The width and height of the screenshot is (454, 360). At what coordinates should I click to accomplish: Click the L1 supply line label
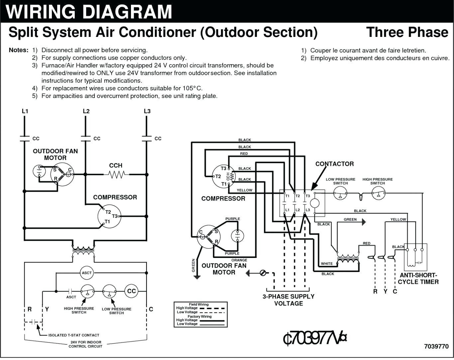25,111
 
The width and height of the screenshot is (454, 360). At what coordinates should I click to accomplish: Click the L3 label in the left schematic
147,111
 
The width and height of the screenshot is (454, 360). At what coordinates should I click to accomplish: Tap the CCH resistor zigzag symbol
116,174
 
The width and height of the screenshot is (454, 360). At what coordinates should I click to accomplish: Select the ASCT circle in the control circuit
86,273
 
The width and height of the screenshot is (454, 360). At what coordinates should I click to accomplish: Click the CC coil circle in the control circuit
131,291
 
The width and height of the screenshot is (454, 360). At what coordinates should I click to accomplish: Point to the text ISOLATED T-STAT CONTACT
74,335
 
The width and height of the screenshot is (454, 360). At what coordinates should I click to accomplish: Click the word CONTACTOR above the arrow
334,164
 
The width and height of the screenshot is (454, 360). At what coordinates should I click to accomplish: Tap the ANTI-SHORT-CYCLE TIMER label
418,279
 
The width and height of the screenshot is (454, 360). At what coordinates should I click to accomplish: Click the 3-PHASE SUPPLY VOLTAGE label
288,300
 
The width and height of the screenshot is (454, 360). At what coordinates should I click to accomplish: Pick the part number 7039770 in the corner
436,346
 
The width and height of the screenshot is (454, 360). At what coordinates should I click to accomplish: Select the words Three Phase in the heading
407,32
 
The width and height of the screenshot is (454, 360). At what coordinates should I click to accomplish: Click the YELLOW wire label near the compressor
244,190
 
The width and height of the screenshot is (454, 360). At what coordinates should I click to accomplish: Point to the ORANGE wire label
239,260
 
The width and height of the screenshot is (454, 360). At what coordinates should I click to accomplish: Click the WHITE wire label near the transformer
327,264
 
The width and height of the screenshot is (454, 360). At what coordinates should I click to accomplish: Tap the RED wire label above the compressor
244,154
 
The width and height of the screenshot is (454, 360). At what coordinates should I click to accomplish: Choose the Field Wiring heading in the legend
199,304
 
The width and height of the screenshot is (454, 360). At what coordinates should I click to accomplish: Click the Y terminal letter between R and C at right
385,292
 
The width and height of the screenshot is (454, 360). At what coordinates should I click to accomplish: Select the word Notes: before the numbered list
19,50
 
